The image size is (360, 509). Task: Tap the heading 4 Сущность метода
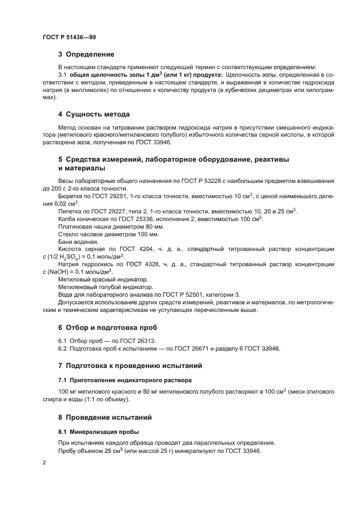(x=94, y=114)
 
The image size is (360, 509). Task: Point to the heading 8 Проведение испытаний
(x=105, y=418)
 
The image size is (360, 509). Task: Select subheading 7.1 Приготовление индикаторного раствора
(x=125, y=379)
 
